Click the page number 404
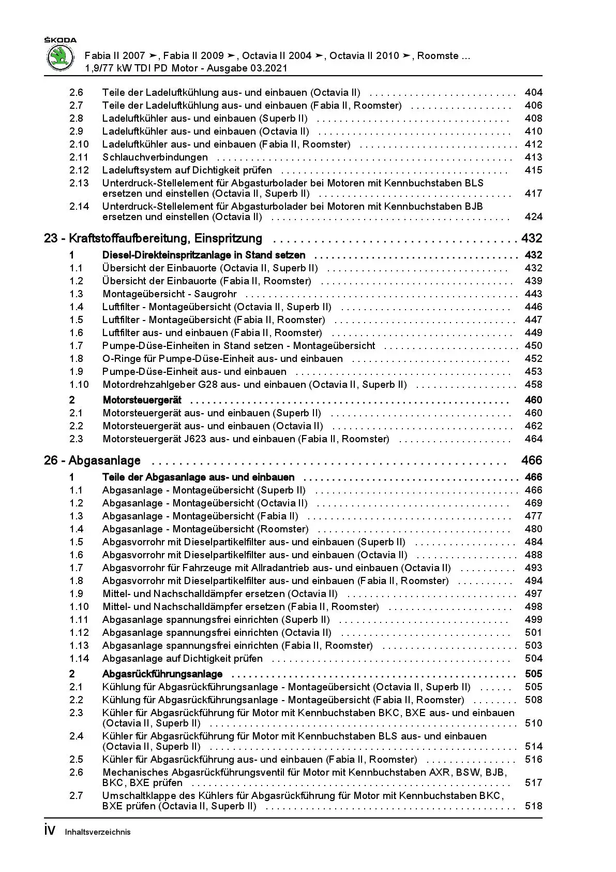pos(533,93)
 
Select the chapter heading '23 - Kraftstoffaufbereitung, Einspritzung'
pos(153,239)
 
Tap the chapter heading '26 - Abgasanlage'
pos(92,461)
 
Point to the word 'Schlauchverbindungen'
pos(155,157)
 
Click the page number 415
pos(533,170)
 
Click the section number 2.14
pos(79,207)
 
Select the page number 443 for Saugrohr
pos(533,294)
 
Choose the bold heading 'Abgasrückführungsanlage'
pos(162,674)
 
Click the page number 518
pos(533,806)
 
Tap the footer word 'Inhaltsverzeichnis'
pos(98,832)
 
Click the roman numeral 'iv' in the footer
pos(50,831)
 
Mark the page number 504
pos(533,659)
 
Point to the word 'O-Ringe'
pos(119,359)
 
